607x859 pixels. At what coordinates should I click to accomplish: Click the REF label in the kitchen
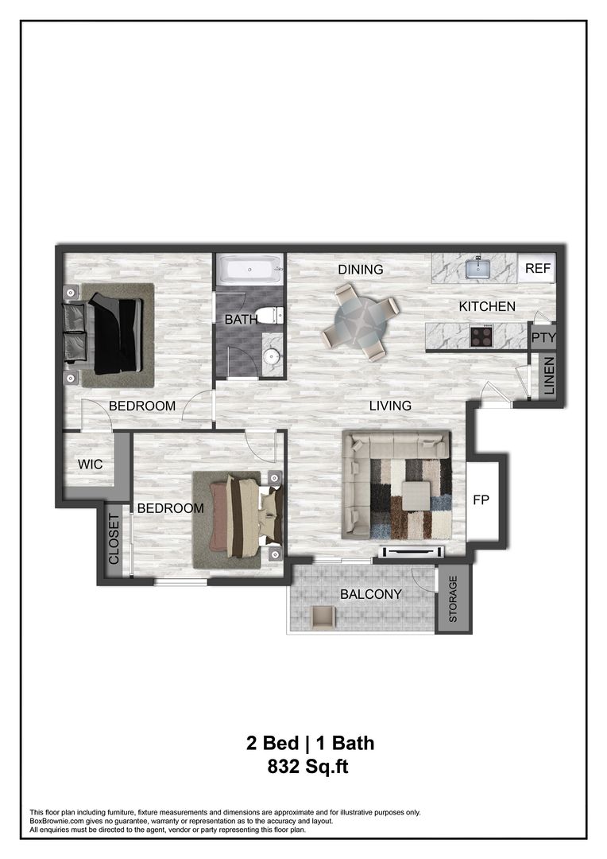(538, 269)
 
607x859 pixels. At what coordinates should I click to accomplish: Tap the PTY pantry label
(543, 337)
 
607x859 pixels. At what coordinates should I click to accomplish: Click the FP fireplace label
(481, 501)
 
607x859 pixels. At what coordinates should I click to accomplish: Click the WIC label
(90, 464)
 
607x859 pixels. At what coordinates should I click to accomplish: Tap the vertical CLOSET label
(114, 539)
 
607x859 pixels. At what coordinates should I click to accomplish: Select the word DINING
(361, 270)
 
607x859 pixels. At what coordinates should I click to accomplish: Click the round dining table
(361, 322)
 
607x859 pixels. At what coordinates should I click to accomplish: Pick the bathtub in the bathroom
(250, 270)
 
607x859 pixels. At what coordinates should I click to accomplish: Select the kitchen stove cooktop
(481, 336)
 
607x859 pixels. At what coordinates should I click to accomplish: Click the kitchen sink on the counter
(478, 268)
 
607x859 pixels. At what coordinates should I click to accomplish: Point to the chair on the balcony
(323, 617)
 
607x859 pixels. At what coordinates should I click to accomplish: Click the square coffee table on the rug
(416, 496)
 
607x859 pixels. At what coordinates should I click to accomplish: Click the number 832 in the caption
(288, 768)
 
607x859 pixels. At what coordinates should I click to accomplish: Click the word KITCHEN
(487, 306)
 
